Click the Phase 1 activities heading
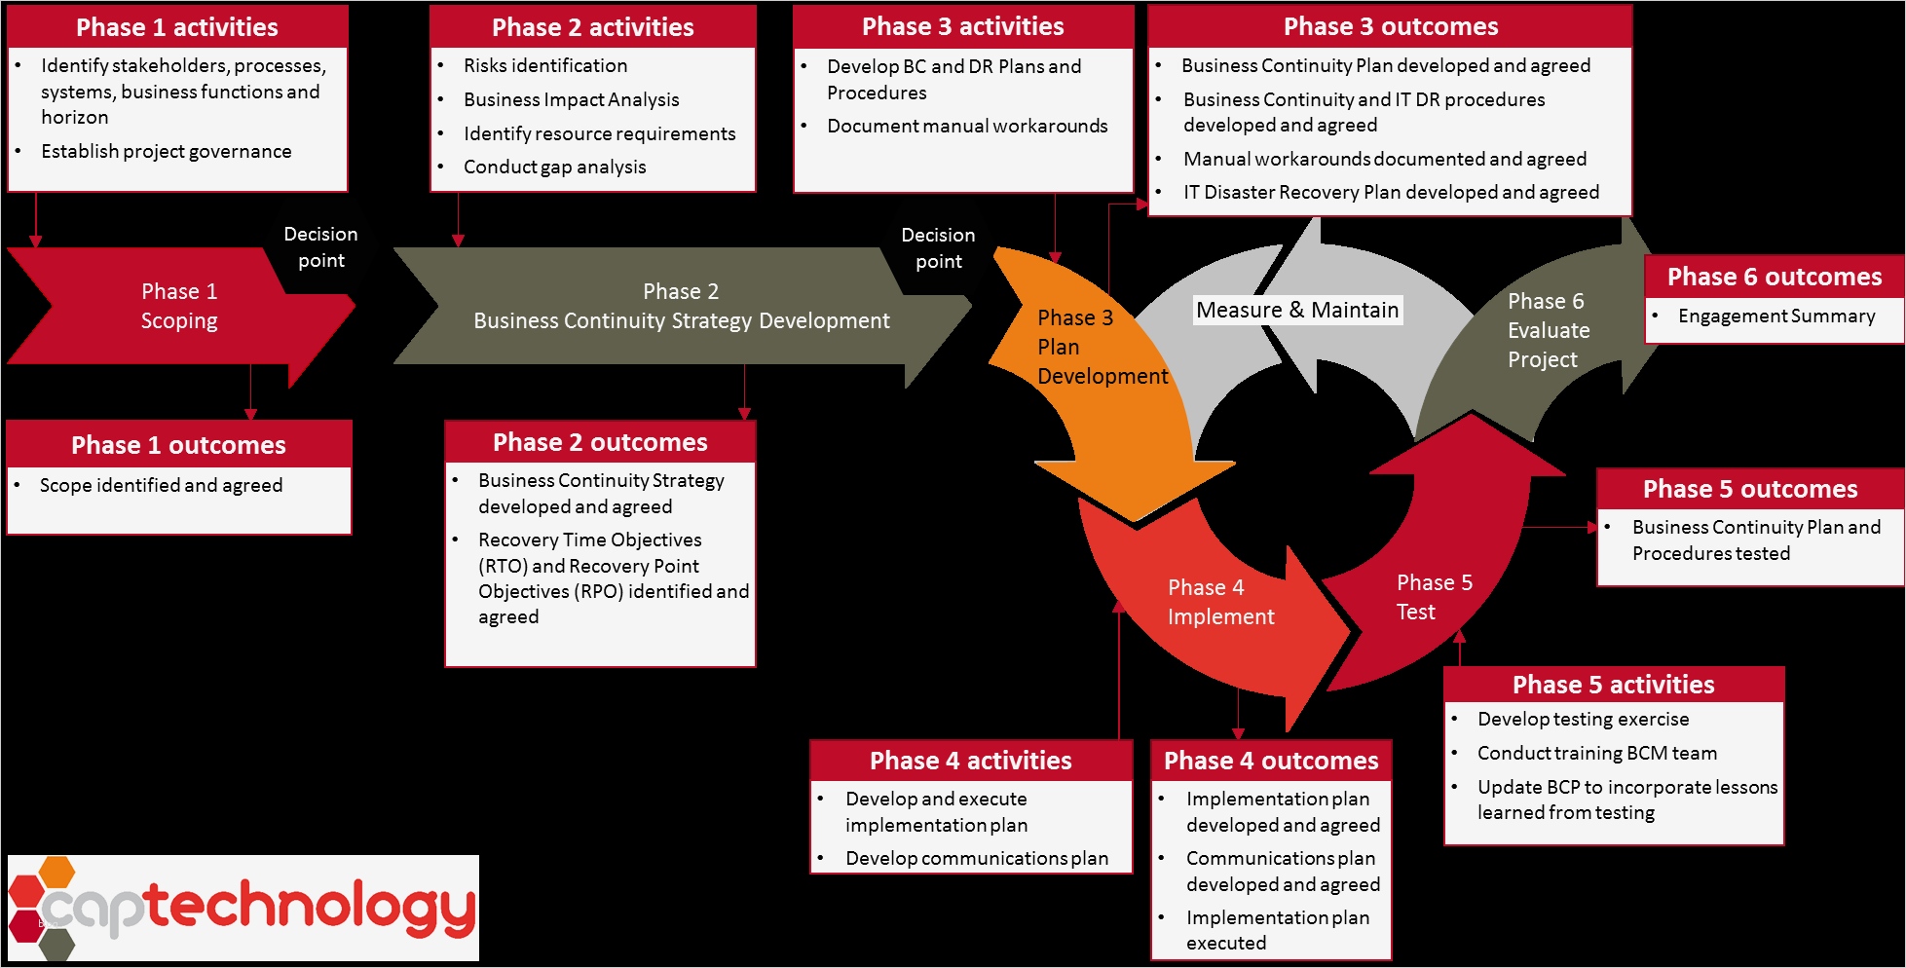tap(177, 27)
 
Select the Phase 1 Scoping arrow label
tap(179, 306)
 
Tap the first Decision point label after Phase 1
tap(320, 247)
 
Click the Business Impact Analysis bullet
tap(571, 99)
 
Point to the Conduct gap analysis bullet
tap(554, 167)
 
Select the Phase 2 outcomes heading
tap(600, 442)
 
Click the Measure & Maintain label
tap(1296, 310)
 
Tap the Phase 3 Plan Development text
tap(1101, 347)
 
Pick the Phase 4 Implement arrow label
tap(1219, 602)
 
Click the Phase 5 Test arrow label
tap(1434, 597)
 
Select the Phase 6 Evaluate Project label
tap(1548, 330)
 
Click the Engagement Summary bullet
tap(1775, 316)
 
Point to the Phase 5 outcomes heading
tap(1749, 489)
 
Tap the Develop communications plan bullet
tap(976, 858)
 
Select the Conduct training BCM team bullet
tap(1596, 753)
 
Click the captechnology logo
tap(243, 908)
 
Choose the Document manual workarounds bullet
tap(966, 126)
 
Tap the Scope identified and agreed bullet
tap(161, 485)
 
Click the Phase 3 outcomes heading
tap(1390, 27)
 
